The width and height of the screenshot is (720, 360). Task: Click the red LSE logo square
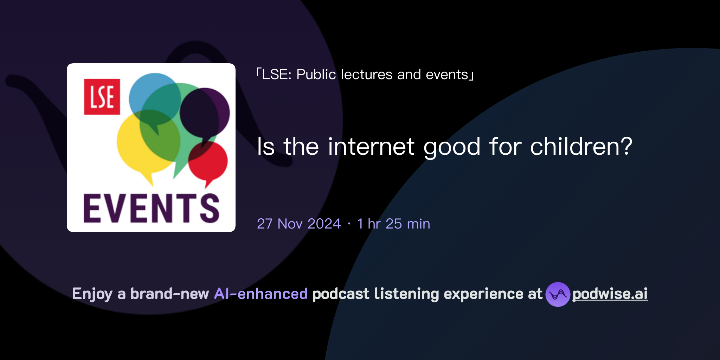[102, 97]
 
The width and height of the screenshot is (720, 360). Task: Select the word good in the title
[452, 147]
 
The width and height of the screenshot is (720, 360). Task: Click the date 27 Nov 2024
[299, 224]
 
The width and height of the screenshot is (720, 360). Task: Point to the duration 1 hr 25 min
[393, 224]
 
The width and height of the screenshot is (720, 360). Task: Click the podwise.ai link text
[610, 294]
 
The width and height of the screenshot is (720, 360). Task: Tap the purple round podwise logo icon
[558, 294]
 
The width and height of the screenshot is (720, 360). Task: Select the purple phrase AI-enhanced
[261, 294]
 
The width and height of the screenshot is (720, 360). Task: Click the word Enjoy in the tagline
[92, 294]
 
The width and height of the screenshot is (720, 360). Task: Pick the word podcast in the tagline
[341, 294]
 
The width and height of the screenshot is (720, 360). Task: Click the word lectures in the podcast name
[367, 75]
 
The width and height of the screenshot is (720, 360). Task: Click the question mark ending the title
[626, 146]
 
